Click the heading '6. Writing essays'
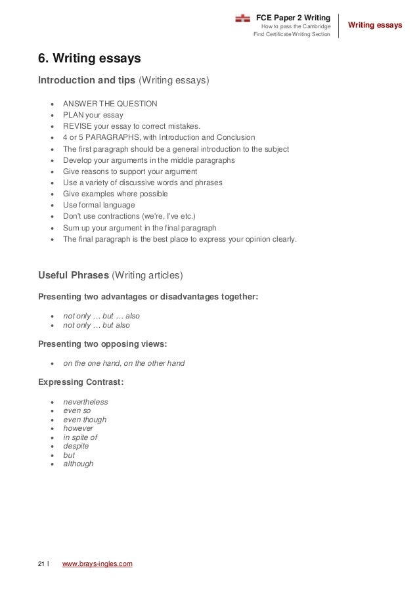point(89,59)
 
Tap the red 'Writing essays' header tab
point(374,26)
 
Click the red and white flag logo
point(242,18)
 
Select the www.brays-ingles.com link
point(97,563)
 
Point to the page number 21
point(41,563)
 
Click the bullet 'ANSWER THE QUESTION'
point(110,104)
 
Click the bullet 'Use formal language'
point(98,206)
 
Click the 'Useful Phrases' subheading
point(73,275)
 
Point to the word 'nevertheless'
point(85,402)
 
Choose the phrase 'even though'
point(85,420)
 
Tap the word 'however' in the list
point(78,428)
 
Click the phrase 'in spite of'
point(80,437)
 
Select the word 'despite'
point(76,446)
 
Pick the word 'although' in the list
point(78,464)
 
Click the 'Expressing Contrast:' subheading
point(81,382)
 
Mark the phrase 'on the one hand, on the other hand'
point(123,363)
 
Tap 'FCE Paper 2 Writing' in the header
point(293,16)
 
